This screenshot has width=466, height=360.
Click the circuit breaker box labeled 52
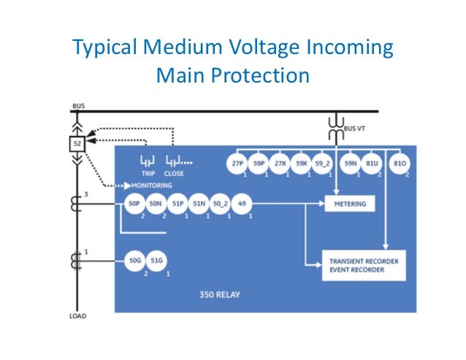coord(77,144)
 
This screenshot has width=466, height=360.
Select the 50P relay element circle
coord(134,205)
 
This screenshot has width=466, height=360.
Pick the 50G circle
coord(134,260)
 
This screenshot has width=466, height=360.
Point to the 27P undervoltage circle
coord(238,164)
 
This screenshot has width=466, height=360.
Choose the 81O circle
coord(400,164)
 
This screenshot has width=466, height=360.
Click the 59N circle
coord(350,164)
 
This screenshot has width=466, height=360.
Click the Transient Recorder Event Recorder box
coord(363,265)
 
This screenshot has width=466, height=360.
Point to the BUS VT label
coord(356,128)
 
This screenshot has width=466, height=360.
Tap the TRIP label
coord(149,174)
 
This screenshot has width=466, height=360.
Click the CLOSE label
coord(174,174)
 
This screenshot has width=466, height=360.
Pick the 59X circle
coord(302,164)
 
